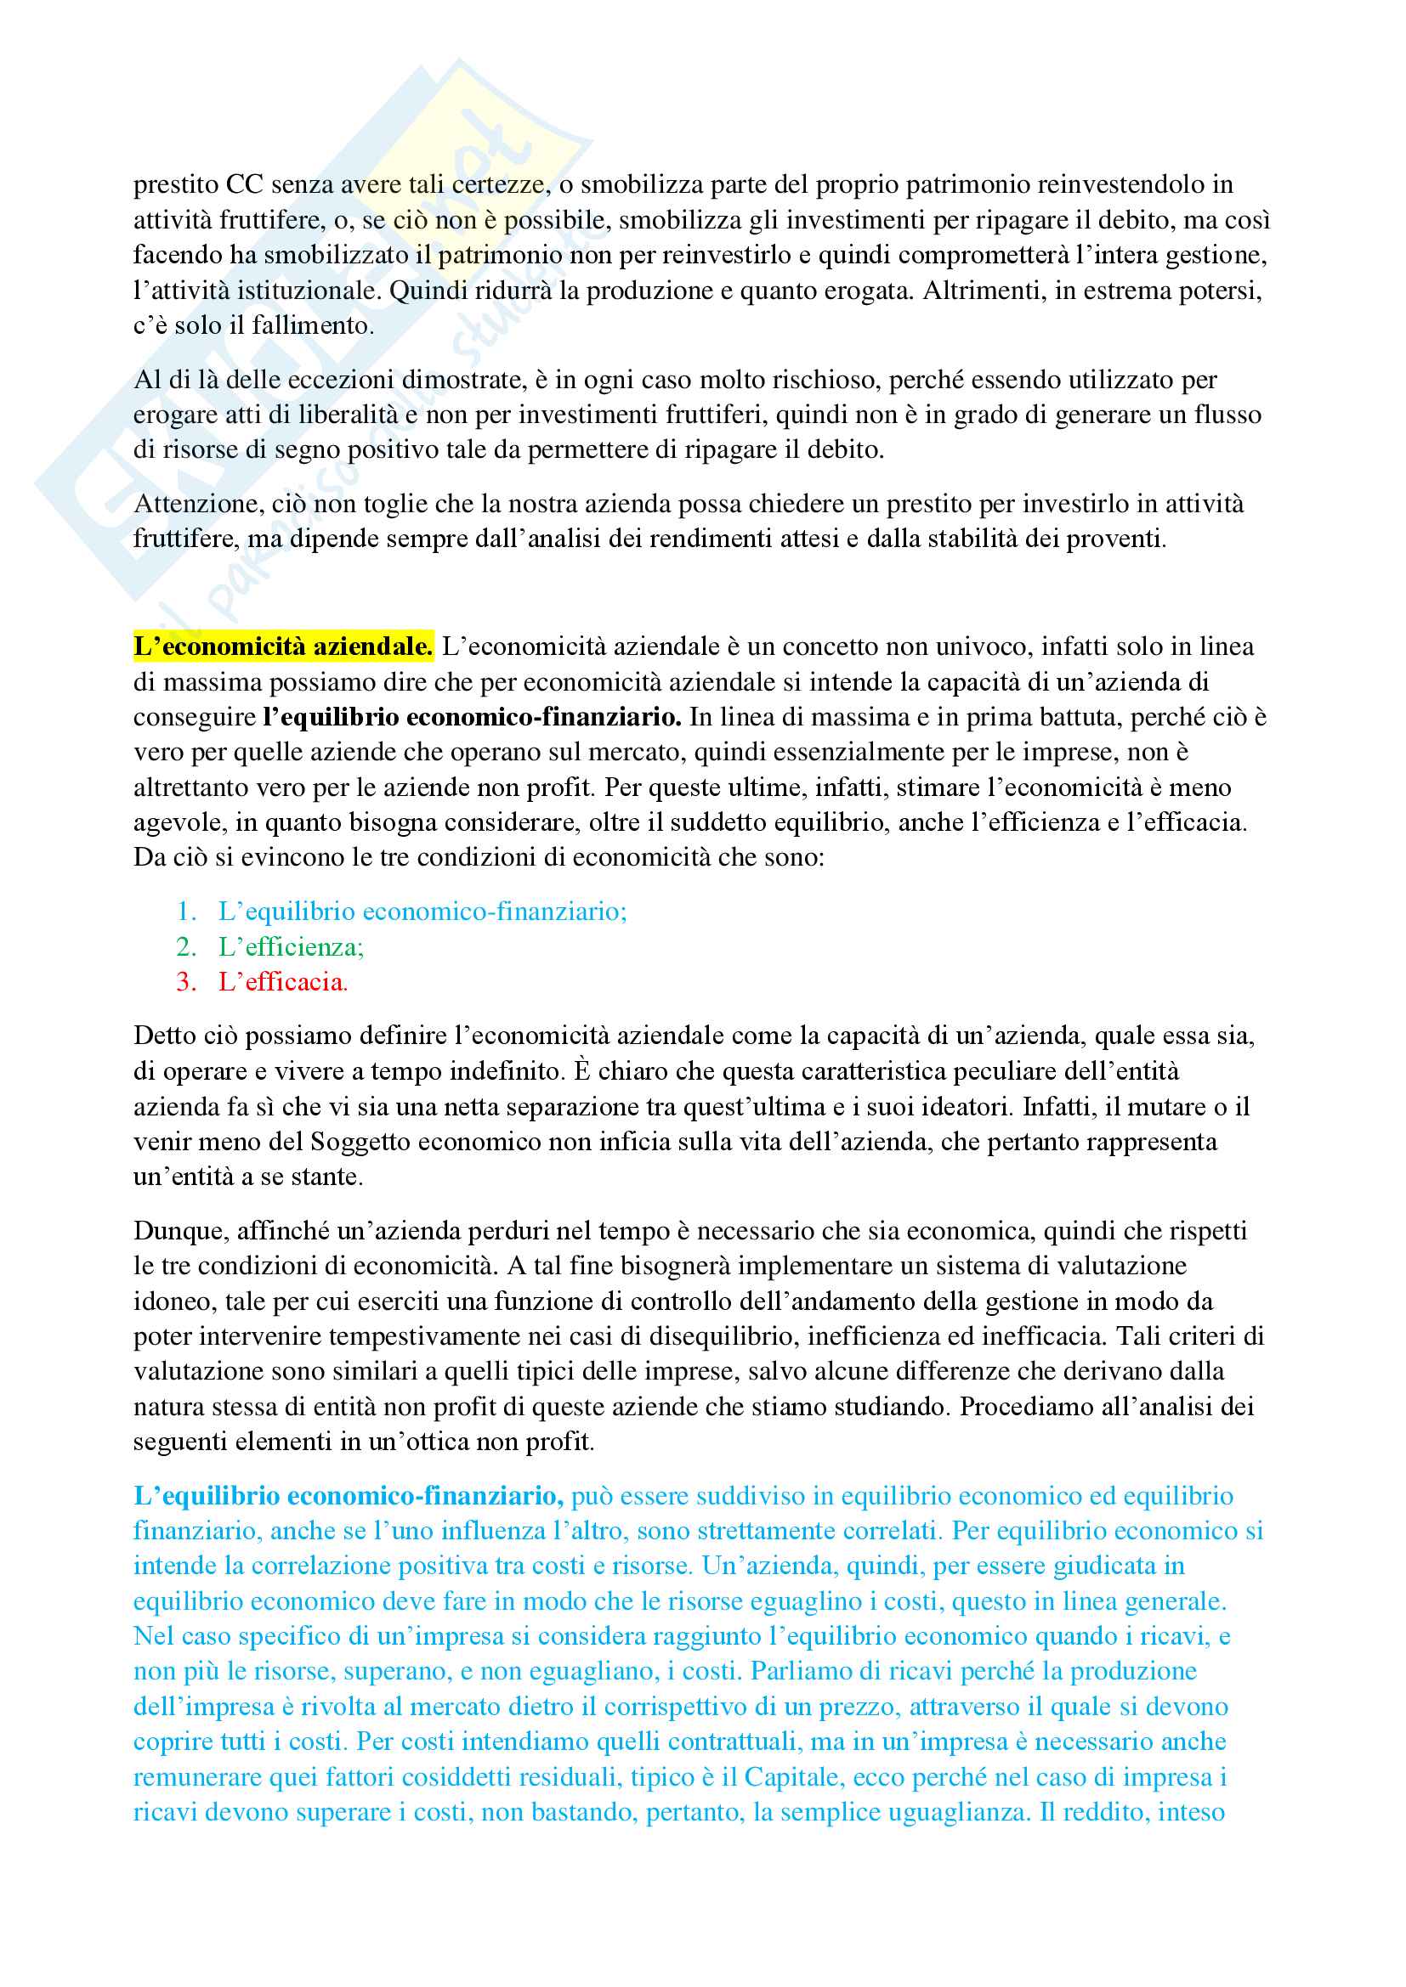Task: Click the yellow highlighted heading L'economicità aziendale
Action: tap(283, 646)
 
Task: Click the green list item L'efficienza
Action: tap(291, 946)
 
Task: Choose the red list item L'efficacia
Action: tap(283, 981)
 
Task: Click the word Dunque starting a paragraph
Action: tap(181, 1231)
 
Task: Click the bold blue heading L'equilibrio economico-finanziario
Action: tap(349, 1495)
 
